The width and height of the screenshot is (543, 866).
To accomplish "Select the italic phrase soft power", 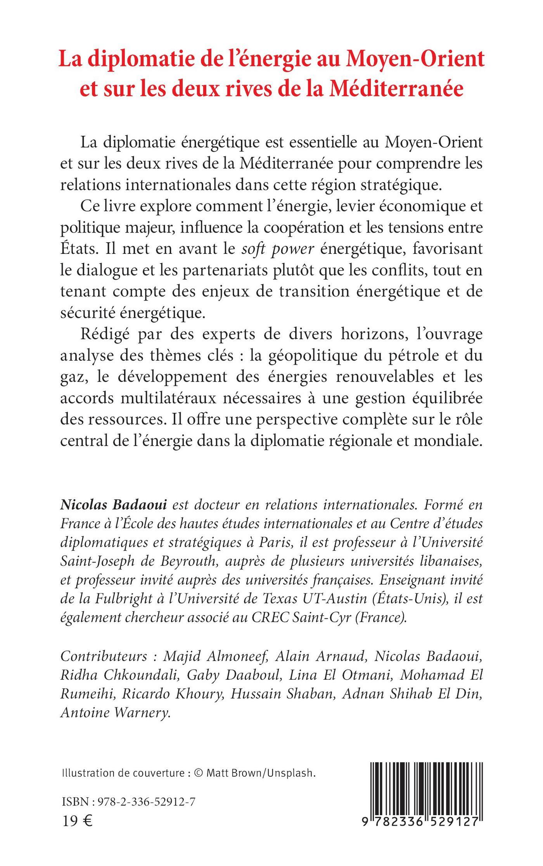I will click(277, 248).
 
